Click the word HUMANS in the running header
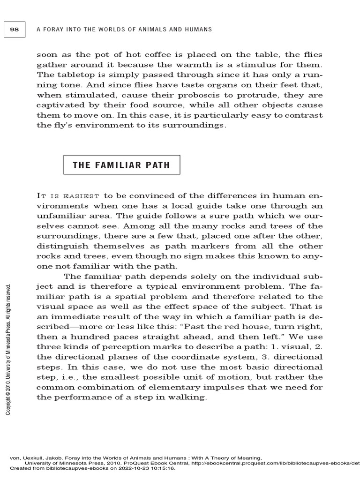pyautogui.click(x=199, y=30)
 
